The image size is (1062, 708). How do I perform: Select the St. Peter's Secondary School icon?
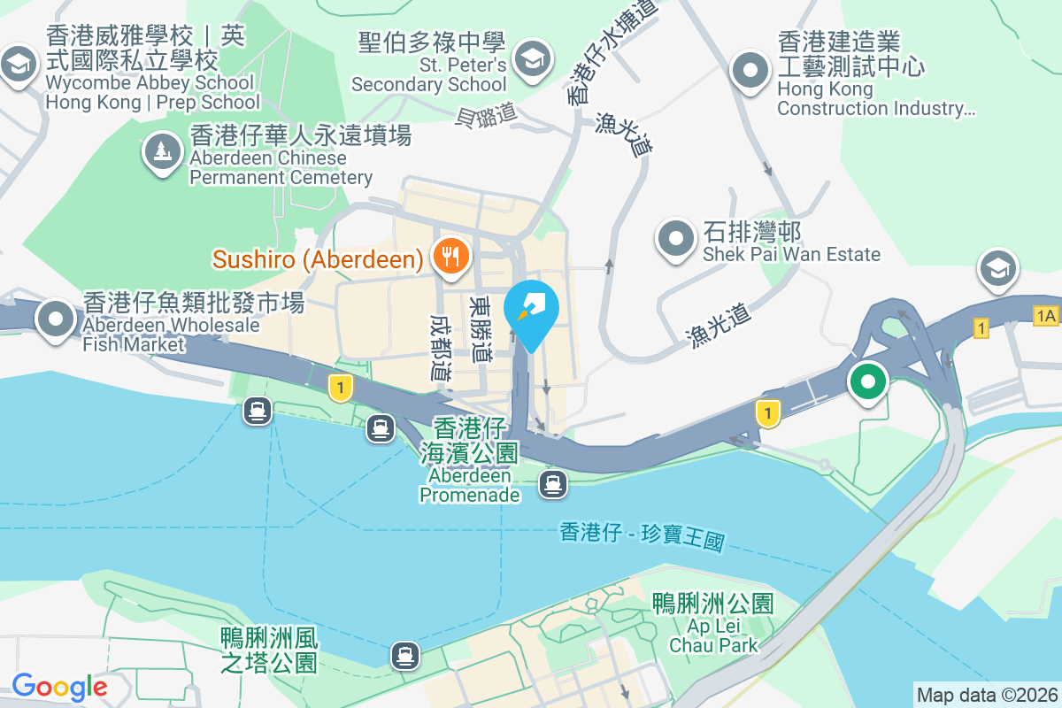coord(533,60)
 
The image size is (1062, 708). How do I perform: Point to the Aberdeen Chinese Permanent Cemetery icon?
coord(163,152)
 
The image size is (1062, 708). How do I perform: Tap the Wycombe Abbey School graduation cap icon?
coord(19,65)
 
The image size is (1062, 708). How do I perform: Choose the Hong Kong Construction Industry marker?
coord(751,70)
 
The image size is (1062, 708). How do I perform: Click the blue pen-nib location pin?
coord(530,311)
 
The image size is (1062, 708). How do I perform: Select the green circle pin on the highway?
coord(868,382)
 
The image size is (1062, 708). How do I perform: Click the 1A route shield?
coord(1045,315)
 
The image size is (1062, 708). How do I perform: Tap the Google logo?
coord(59,686)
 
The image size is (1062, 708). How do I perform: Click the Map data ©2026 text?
coord(987,695)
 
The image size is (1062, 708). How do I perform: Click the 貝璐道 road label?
coord(485,115)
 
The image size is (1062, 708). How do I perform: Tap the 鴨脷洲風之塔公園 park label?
coord(268,650)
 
